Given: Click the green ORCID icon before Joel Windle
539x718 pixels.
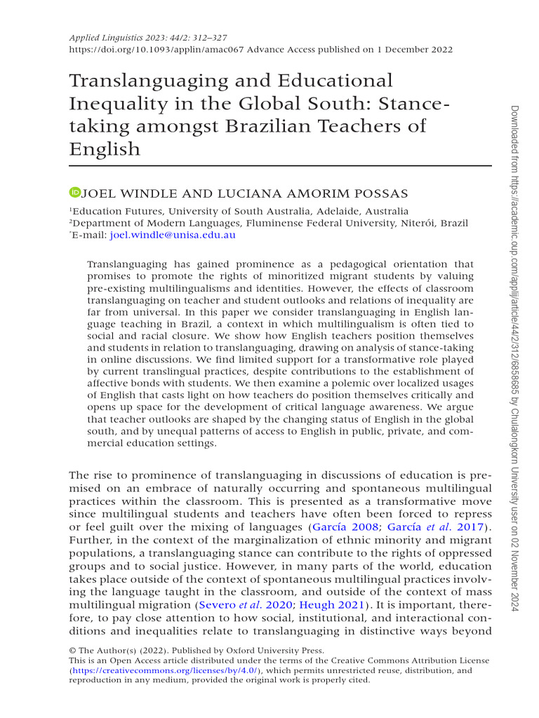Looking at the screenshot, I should click(x=74, y=192).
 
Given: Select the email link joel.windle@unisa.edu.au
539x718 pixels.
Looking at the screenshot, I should click(x=173, y=236).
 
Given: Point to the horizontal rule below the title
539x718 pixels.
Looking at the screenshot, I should click(x=280, y=166).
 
